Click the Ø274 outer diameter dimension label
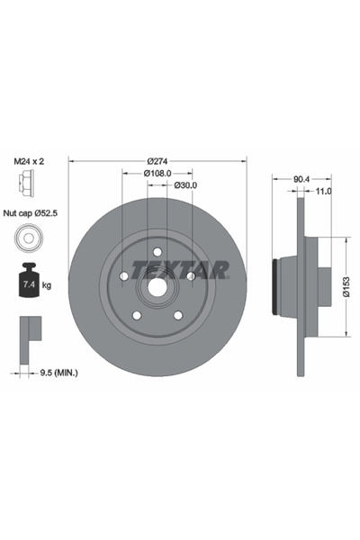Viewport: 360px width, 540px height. tap(157, 161)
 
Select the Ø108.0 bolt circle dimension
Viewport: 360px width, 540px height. tap(157, 173)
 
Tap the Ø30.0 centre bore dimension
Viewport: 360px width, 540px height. tap(185, 185)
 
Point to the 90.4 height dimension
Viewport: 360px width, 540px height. tap(301, 179)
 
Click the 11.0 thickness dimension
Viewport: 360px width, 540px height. tap(323, 191)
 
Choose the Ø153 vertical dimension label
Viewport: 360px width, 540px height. tap(346, 286)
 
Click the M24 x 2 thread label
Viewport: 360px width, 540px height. tap(29, 161)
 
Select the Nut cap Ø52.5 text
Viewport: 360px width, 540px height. tap(31, 213)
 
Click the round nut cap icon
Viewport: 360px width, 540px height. tap(29, 238)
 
